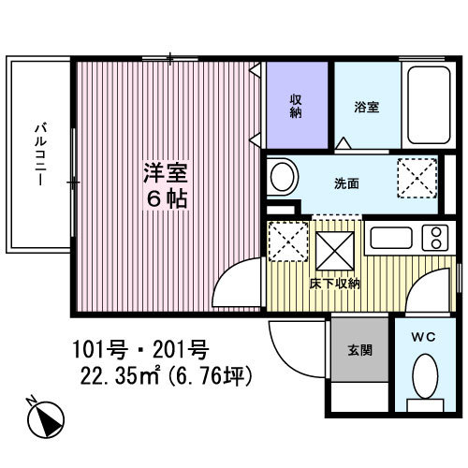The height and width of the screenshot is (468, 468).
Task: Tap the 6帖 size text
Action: (166, 199)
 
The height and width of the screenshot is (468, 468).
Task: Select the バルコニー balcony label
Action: (40, 154)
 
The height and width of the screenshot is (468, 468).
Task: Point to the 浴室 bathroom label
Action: (367, 107)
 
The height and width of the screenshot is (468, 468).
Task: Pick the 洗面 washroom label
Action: (347, 183)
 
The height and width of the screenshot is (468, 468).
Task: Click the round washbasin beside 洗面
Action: (282, 175)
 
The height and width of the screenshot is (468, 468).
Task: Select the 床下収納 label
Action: (337, 283)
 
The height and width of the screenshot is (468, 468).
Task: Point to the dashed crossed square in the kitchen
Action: (288, 242)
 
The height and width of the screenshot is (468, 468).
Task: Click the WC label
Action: (423, 335)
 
